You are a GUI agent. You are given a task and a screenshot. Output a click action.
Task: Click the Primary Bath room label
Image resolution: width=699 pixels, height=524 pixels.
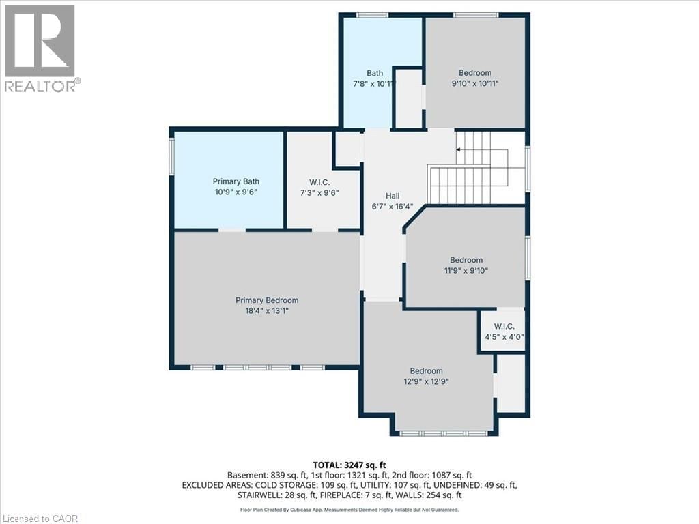tap(236, 181)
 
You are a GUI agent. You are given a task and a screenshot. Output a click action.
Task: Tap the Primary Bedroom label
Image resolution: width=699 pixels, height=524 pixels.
tap(267, 300)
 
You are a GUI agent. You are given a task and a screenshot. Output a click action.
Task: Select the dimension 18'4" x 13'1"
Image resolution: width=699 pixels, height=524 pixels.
tap(267, 311)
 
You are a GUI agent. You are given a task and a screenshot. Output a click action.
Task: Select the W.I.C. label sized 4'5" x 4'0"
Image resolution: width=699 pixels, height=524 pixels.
tap(505, 326)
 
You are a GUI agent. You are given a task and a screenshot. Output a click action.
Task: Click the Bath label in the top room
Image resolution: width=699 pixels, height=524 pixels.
tap(375, 73)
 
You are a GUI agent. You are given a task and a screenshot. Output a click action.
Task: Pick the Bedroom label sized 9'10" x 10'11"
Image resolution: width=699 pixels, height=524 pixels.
tap(474, 73)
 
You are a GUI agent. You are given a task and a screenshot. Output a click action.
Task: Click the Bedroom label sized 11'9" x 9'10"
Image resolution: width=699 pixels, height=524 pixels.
tap(466, 260)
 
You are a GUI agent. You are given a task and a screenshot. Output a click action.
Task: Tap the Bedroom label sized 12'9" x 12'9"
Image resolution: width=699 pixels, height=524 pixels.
tap(426, 371)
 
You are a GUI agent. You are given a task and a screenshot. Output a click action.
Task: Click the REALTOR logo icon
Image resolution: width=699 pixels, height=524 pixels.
tap(40, 41)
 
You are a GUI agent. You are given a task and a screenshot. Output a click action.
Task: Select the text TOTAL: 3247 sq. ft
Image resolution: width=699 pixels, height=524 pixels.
tap(349, 465)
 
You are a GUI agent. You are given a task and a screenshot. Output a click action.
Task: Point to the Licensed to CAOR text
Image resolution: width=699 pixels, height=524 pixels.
tap(41, 518)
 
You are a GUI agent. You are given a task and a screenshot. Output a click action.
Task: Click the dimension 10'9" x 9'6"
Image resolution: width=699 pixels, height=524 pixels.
tap(236, 192)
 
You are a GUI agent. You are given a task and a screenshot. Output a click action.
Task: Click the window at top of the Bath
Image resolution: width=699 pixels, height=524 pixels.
tap(369, 15)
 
